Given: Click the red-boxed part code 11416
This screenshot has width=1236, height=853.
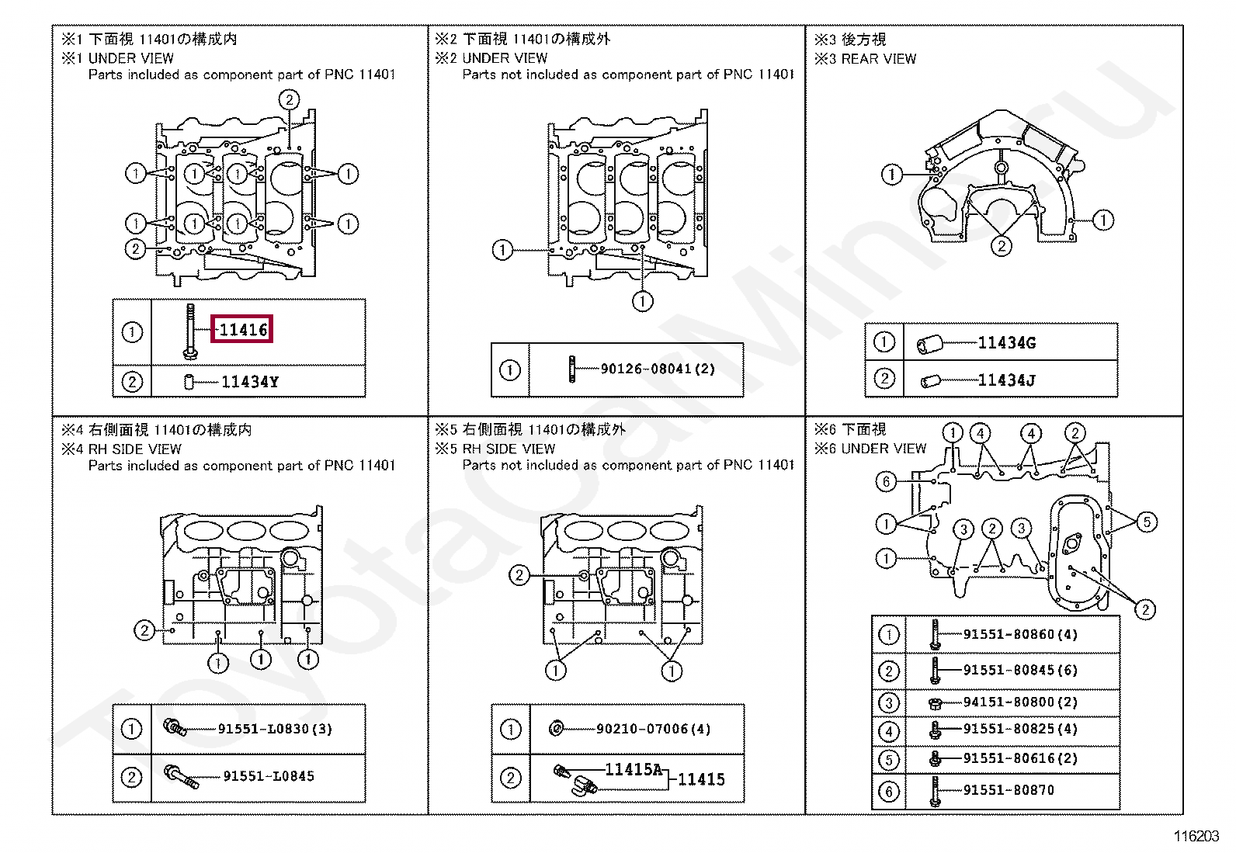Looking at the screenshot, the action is [243, 330].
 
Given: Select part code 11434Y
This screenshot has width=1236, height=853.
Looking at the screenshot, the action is [249, 382].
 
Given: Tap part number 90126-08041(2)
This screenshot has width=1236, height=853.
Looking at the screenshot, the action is [658, 369].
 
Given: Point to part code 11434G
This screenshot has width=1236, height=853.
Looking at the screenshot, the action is [1006, 343].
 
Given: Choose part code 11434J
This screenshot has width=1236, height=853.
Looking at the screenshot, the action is [1006, 380].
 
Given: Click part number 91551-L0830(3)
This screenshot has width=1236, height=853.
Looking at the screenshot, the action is [275, 729].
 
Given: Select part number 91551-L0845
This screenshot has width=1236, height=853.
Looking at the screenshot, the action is [269, 775].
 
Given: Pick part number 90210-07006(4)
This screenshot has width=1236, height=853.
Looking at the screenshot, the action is [653, 729].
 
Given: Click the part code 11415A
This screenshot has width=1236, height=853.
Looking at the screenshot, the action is [634, 769].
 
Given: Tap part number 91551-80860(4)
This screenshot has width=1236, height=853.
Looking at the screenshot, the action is [1020, 634].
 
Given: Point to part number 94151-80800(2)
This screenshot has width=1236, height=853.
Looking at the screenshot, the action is [1020, 702].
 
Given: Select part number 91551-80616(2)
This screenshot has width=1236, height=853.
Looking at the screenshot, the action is [1020, 758].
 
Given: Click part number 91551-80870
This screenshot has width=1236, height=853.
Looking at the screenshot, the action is [1009, 790].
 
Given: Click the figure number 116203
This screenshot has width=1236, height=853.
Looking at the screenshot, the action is [1196, 836].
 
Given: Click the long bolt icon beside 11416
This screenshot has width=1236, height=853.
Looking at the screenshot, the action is [190, 331].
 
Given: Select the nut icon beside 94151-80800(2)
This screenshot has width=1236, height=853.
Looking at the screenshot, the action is [935, 702].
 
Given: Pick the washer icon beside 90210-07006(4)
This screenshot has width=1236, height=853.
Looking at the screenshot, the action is [557, 729].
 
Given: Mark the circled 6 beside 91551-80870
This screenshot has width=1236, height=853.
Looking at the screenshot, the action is [888, 791].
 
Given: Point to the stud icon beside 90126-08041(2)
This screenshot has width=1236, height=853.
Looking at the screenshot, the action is [572, 369].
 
